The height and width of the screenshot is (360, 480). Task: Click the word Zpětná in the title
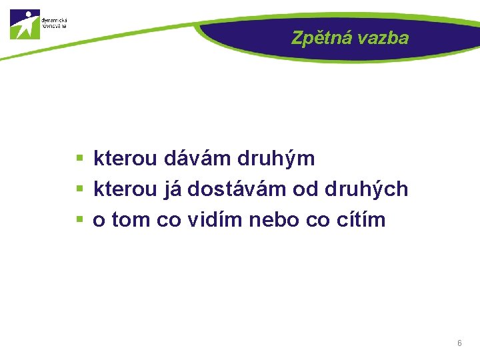321,39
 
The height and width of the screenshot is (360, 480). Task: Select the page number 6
459,343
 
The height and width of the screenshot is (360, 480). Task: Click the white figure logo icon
25,24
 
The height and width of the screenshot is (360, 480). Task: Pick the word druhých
366,189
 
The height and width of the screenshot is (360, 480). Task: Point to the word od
306,189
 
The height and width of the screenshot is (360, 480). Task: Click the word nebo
278,219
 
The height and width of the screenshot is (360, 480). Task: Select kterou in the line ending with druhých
125,189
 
